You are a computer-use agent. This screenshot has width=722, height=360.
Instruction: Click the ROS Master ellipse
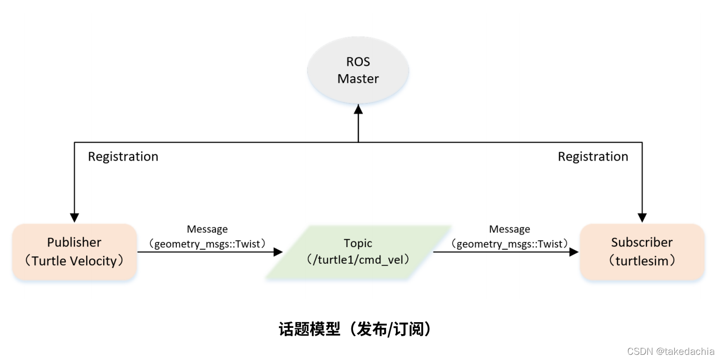pos(358,70)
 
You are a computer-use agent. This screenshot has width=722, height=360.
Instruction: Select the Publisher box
pos(75,252)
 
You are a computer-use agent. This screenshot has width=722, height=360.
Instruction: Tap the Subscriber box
pos(642,252)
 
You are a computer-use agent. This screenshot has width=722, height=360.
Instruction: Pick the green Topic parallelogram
pos(358,252)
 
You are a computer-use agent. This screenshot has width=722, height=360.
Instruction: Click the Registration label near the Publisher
pos(123,156)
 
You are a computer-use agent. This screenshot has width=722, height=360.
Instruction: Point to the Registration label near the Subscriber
pos(592,156)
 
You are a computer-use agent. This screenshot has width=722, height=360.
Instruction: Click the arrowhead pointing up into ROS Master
pos(358,109)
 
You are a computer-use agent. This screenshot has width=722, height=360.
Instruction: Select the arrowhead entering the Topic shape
pos(278,252)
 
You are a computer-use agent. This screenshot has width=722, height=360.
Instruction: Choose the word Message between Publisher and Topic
pos(207,229)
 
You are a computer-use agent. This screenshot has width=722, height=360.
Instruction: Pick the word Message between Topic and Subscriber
pos(509,229)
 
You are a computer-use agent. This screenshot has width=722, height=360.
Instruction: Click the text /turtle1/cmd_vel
pos(358,260)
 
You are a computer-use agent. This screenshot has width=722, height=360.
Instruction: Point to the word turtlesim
pos(642,261)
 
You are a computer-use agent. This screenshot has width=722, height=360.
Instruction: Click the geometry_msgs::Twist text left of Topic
pos(207,243)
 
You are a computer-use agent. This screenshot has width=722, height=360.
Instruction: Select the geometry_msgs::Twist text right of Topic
pos(509,243)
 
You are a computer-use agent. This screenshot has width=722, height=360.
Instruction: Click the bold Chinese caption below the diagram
pos(355,329)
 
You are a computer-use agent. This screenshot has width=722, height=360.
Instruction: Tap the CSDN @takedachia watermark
pos(671,351)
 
